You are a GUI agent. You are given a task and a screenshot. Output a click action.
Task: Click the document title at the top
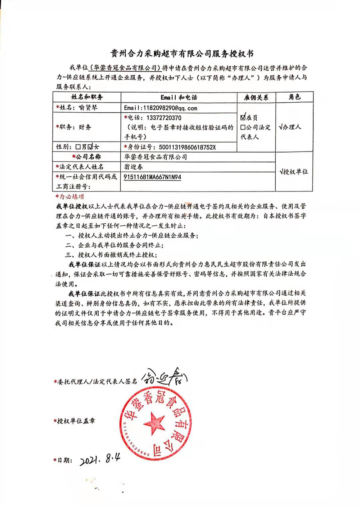[182, 54]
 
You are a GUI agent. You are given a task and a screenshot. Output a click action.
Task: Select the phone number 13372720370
[164, 118]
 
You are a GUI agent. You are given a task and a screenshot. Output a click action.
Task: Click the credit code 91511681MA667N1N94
[152, 177]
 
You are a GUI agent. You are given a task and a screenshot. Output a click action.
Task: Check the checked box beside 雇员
[243, 117]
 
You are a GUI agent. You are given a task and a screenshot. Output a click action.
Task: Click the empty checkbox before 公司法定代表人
[243, 127]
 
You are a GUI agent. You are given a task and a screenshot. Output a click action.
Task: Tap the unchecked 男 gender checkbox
[78, 147]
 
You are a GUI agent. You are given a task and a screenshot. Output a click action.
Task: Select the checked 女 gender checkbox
[90, 147]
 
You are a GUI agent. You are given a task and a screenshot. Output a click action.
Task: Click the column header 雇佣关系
[256, 97]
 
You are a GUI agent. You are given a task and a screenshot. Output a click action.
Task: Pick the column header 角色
[294, 97]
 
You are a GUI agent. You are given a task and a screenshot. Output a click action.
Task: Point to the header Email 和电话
[179, 97]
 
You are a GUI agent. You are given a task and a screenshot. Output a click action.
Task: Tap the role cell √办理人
[290, 127]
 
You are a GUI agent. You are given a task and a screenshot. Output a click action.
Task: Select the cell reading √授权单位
[294, 172]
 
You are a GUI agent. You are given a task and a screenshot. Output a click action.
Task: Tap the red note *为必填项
[70, 197]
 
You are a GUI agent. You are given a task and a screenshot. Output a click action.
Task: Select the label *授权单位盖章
[74, 421]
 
